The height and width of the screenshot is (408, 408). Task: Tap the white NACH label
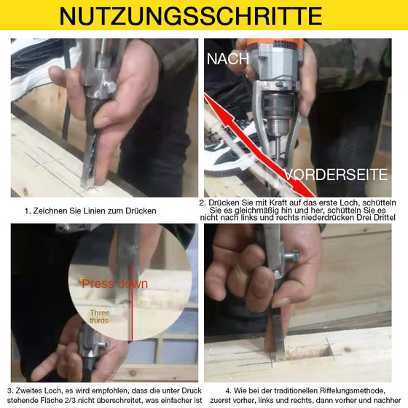click(x=228, y=59)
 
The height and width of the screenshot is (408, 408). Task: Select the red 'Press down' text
click(x=114, y=283)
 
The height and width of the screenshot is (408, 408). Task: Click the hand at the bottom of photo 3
click(x=66, y=357)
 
